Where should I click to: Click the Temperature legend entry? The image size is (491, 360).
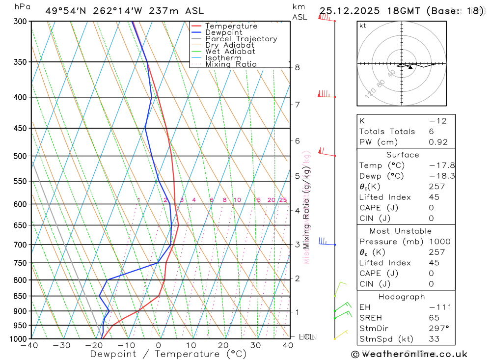pos(231,26)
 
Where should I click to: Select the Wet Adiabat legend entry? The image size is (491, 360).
pos(230,52)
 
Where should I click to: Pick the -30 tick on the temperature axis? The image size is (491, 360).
pos(62,345)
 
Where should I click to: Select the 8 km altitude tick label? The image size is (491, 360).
pos(298,67)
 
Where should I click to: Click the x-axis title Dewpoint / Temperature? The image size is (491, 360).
pos(168,354)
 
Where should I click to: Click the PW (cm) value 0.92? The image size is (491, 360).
pos(438,142)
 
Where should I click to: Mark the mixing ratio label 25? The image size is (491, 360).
pos(283,200)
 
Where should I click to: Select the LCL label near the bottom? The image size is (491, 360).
pos(306,337)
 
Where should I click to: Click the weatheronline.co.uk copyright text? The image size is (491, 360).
pos(409,354)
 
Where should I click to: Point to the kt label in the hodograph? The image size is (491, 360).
pos(362,26)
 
